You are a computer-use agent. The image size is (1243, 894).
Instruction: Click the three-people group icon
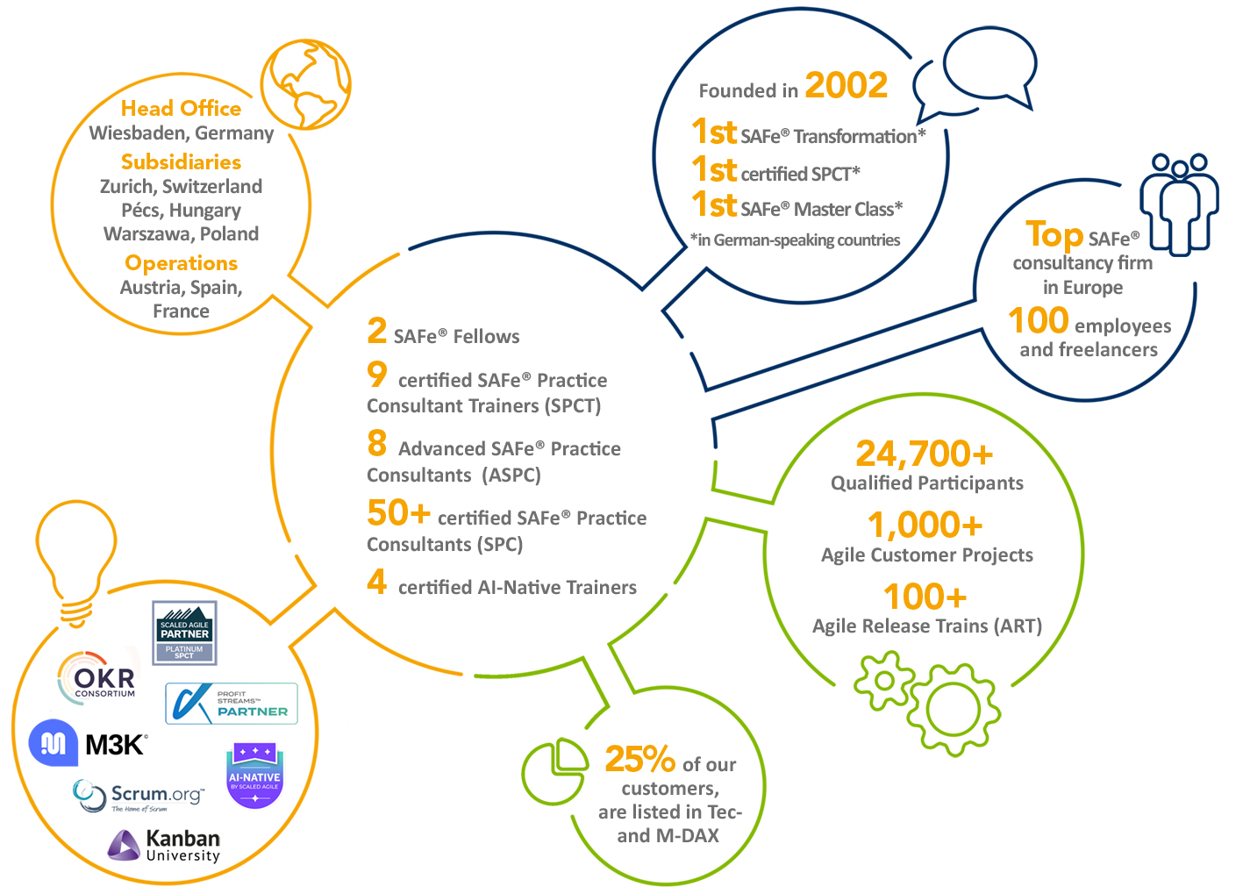pyautogui.click(x=1179, y=204)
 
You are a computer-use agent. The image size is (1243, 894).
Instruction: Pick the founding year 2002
pyautogui.click(x=846, y=85)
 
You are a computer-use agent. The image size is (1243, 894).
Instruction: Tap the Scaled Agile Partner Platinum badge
pyautogui.click(x=184, y=633)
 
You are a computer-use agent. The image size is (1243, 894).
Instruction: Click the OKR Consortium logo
pyautogui.click(x=97, y=677)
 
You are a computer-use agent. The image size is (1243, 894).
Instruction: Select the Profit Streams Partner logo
pyautogui.click(x=232, y=704)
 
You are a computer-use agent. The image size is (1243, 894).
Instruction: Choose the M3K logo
pyautogui.click(x=89, y=744)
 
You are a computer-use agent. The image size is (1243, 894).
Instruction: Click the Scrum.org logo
pyautogui.click(x=139, y=796)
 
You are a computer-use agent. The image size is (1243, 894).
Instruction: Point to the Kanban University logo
pyautogui.click(x=164, y=845)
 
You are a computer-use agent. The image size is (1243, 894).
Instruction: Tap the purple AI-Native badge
pyautogui.click(x=254, y=776)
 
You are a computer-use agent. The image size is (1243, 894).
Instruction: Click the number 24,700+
pyautogui.click(x=925, y=454)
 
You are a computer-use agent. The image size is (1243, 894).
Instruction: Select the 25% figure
pyautogui.click(x=639, y=759)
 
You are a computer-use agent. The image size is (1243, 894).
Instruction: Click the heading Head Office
pyautogui.click(x=181, y=108)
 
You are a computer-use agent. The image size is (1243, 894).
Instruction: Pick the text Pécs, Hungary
pyautogui.click(x=181, y=211)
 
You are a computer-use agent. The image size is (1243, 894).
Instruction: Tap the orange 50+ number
pyautogui.click(x=398, y=512)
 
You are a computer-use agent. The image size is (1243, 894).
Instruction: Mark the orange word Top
pyautogui.click(x=1054, y=235)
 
